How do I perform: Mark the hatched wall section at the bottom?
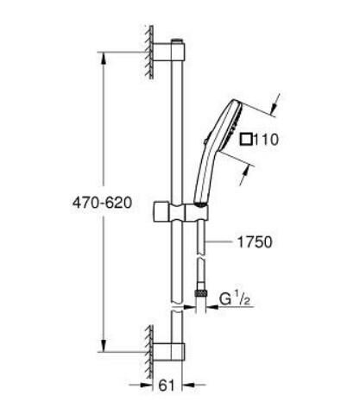pyautogui.click(x=149, y=344)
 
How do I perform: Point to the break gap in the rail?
pyautogui.click(x=177, y=306)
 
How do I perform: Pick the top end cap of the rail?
pyautogui.click(x=177, y=41)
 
